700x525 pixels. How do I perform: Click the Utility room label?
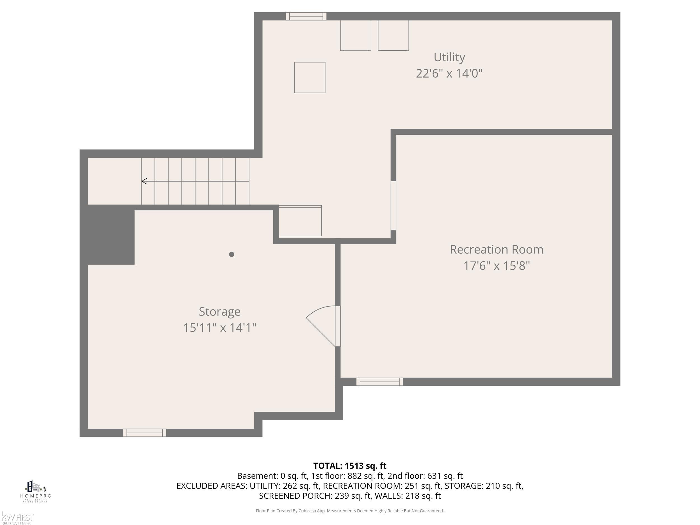click(x=449, y=57)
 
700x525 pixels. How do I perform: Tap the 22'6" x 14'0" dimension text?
click(x=449, y=73)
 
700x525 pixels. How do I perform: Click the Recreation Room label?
click(x=496, y=249)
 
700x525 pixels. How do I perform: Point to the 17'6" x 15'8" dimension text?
click(x=496, y=265)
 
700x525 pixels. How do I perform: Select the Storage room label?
click(x=219, y=311)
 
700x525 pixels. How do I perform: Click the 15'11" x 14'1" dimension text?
click(x=219, y=328)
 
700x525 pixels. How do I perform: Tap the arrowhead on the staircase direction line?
click(x=144, y=181)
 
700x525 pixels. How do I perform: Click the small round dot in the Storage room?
click(x=231, y=254)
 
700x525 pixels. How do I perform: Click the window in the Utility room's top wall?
click(x=306, y=16)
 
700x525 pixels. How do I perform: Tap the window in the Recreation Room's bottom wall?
click(x=379, y=382)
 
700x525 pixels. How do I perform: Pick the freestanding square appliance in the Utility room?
click(x=309, y=78)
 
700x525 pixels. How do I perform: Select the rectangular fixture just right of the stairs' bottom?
click(x=300, y=221)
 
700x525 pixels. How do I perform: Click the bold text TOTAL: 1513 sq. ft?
click(x=350, y=466)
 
